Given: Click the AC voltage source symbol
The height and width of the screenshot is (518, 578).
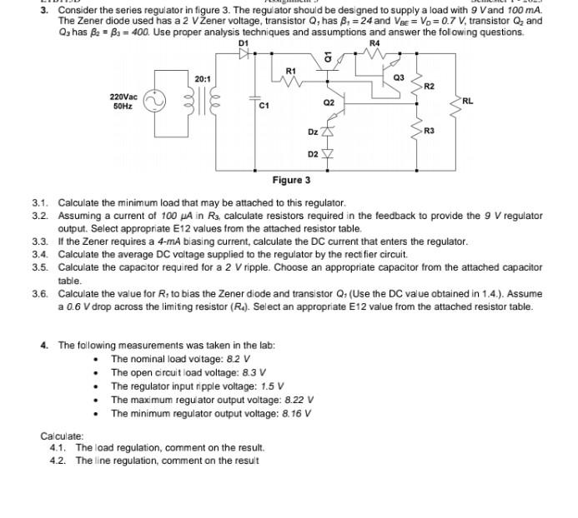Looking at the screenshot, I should click(x=151, y=102).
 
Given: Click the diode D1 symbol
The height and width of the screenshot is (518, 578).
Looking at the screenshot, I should click(x=244, y=54).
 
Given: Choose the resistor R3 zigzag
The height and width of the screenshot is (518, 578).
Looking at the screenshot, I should click(x=417, y=130).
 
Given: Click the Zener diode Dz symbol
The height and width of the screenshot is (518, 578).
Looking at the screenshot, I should click(x=328, y=132).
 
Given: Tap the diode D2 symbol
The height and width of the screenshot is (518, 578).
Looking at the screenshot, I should click(x=328, y=154).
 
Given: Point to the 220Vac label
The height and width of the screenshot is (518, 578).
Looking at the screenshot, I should click(x=123, y=97).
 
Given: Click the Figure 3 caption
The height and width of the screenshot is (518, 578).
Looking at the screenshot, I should click(x=291, y=180).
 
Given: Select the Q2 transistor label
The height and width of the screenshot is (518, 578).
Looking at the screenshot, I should click(x=329, y=102).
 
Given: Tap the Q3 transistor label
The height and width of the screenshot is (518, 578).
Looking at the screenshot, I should click(x=399, y=77).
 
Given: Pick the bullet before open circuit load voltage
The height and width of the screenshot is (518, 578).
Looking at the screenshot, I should click(x=98, y=372).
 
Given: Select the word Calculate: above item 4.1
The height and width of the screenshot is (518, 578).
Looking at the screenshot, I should click(x=63, y=436).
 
